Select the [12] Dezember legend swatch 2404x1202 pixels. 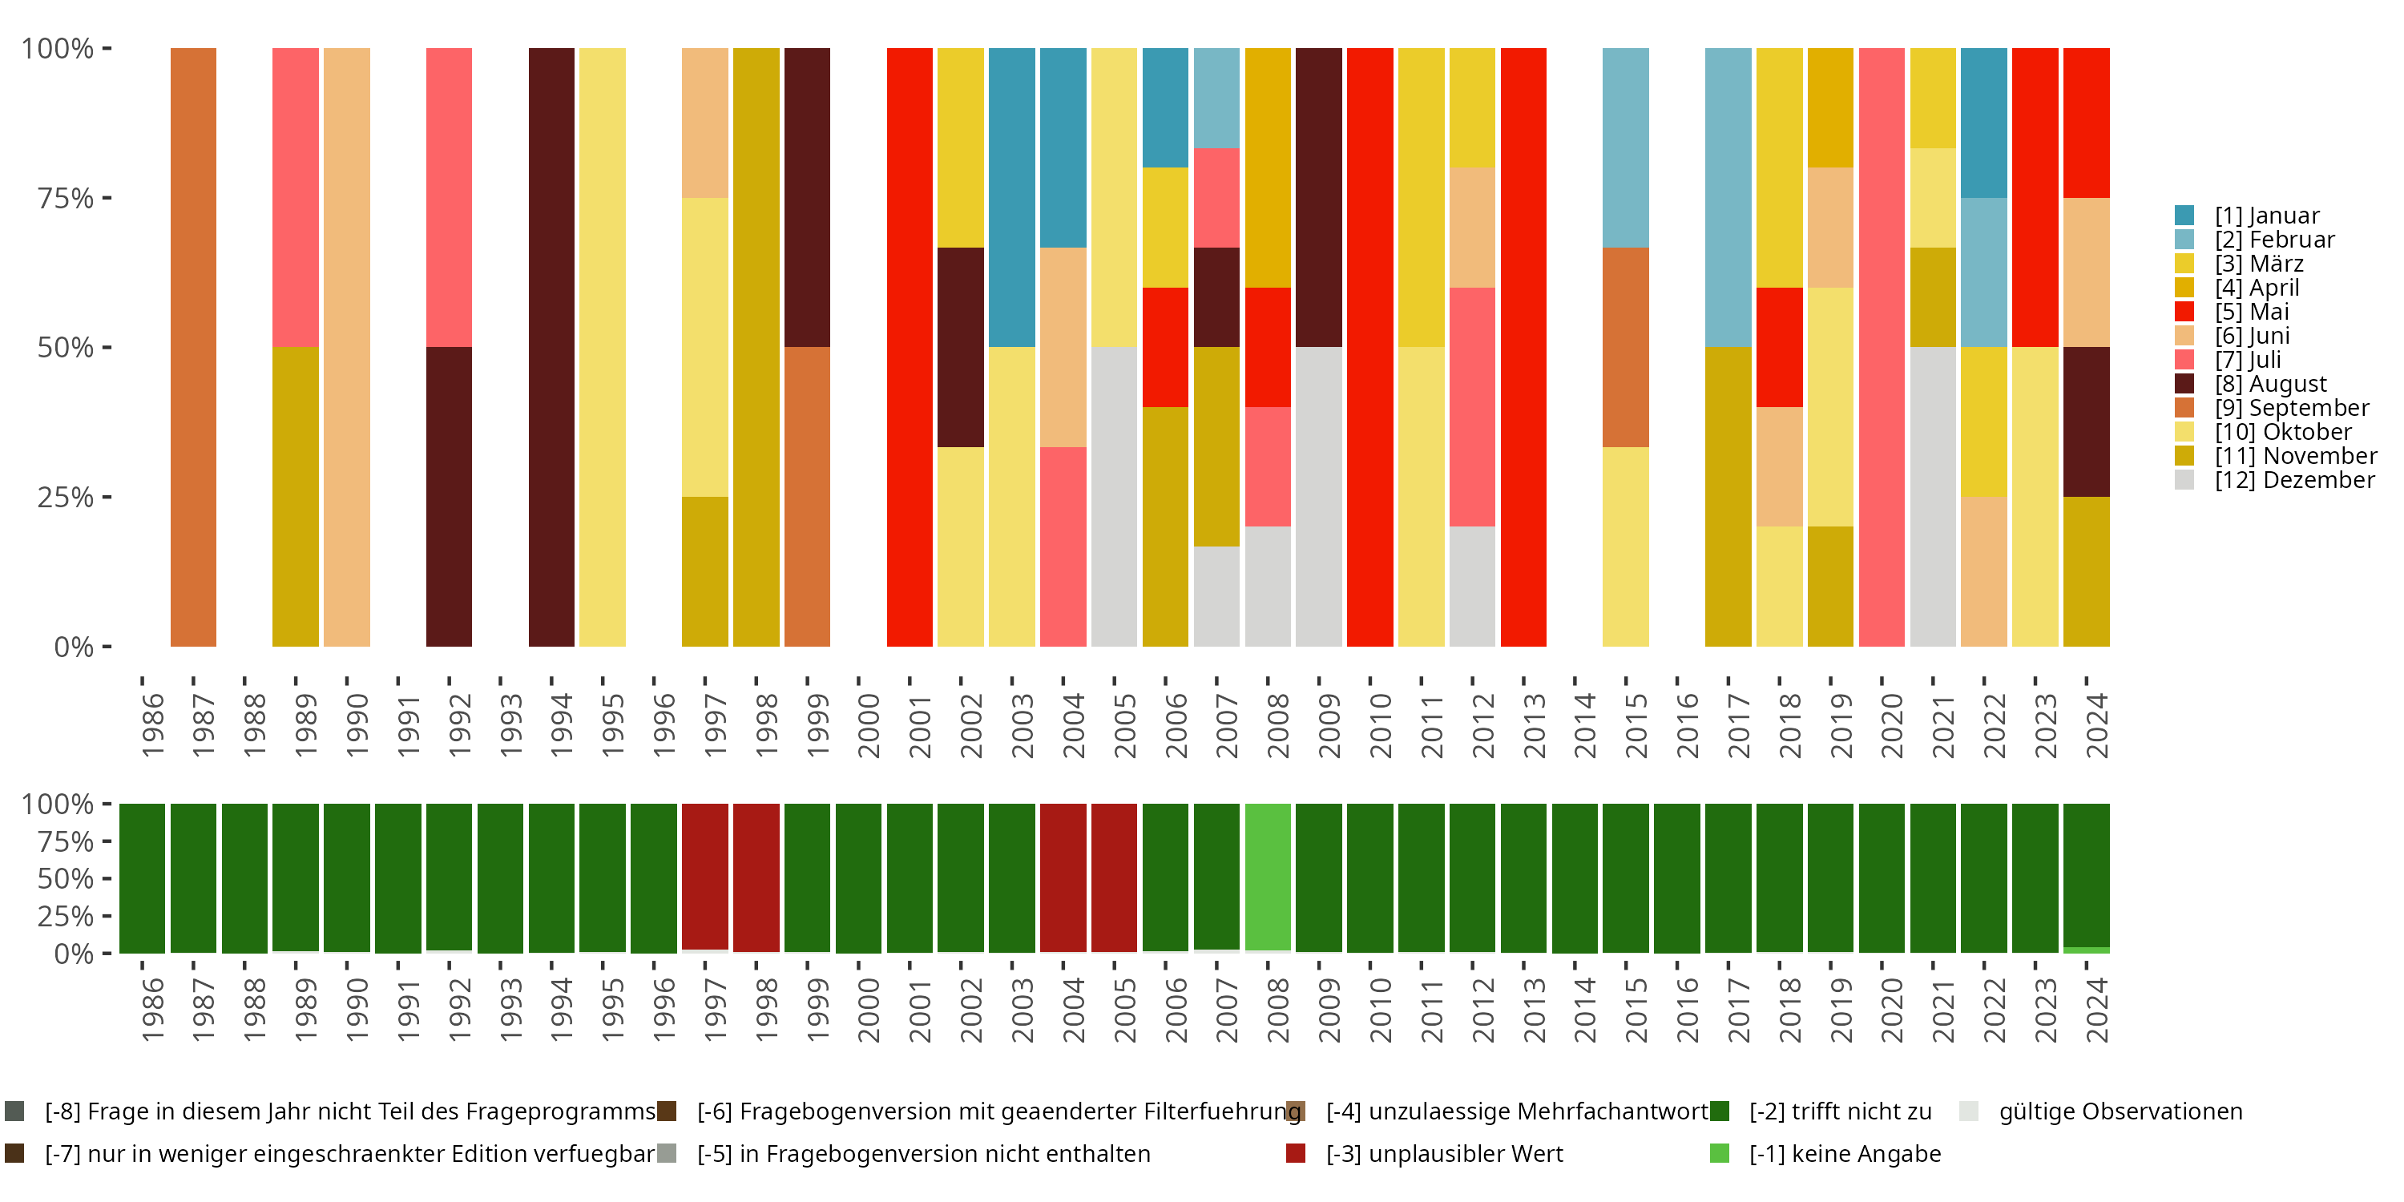tap(2184, 480)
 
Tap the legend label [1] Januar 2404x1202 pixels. tap(2266, 216)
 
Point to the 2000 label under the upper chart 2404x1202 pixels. tap(869, 725)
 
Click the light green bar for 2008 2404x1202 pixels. tap(1268, 877)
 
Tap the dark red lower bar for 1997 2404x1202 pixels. tap(704, 877)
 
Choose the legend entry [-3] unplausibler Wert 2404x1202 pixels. tap(1442, 1153)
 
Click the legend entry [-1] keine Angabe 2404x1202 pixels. tap(1844, 1153)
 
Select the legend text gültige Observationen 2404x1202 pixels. tap(2120, 1111)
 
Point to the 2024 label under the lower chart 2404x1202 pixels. tap(2096, 1010)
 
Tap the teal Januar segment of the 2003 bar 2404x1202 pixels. tap(1011, 197)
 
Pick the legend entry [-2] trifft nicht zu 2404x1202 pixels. tap(1838, 1111)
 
